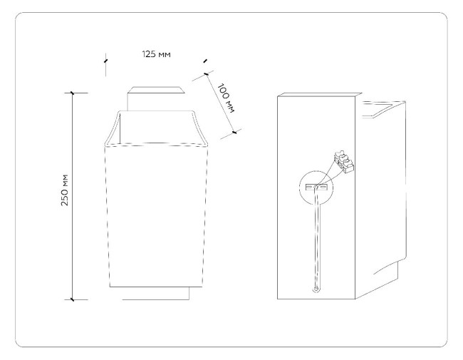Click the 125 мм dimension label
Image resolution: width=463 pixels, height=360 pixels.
(156, 54)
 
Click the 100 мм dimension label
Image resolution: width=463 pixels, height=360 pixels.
(227, 98)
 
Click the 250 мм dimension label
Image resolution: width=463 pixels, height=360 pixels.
(65, 190)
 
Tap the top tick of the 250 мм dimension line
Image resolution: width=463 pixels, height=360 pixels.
(72, 93)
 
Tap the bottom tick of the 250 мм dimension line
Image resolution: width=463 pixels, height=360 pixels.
(72, 299)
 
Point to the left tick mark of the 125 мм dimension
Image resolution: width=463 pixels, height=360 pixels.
(105, 61)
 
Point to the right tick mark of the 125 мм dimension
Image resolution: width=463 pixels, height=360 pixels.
(205, 61)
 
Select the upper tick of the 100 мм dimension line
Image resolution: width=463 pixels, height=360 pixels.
(206, 74)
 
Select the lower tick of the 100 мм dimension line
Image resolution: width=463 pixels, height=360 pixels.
(234, 133)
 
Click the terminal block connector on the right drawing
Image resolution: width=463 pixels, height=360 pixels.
(344, 161)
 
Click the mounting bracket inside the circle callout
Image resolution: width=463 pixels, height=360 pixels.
(316, 187)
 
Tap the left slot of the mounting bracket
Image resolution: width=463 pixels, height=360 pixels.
(310, 187)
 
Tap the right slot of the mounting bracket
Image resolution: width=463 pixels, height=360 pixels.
(323, 187)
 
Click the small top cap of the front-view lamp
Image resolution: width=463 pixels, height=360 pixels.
(155, 98)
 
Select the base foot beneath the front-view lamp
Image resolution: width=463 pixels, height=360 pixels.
(155, 293)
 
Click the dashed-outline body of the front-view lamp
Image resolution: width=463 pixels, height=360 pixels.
(156, 216)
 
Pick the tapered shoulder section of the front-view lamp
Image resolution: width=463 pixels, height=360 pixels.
(156, 128)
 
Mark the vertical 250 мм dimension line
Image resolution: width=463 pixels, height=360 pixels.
(72, 196)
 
